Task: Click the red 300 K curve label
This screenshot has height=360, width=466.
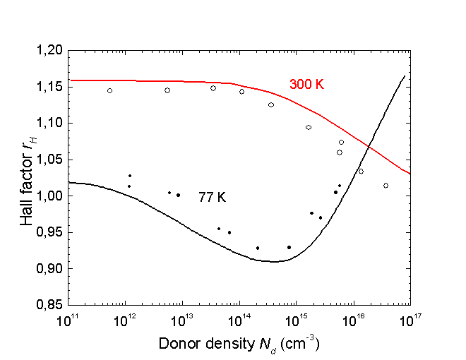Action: tap(306, 84)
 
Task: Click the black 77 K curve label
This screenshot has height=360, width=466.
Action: tap(211, 198)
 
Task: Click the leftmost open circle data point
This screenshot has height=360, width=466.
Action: tap(109, 90)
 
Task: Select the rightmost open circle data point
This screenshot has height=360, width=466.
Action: tap(386, 186)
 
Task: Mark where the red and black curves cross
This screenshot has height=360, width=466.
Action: tap(366, 145)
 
